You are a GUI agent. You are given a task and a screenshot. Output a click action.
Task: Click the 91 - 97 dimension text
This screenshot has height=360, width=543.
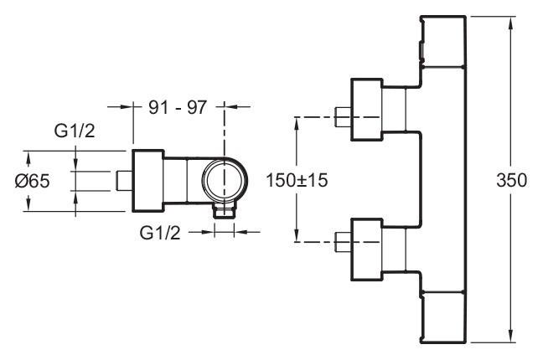[x=178, y=107]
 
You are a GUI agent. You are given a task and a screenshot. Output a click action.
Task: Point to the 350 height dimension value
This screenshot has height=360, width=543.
[x=510, y=180]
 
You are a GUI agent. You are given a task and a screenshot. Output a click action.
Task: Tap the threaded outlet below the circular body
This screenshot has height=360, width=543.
[x=224, y=210]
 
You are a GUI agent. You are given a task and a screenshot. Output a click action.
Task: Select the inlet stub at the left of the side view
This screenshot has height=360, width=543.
[x=122, y=180]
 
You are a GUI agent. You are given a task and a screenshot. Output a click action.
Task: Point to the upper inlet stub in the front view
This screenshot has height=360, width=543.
[x=341, y=116]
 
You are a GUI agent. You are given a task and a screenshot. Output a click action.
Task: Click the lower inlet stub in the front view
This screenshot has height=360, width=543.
[x=341, y=243]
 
